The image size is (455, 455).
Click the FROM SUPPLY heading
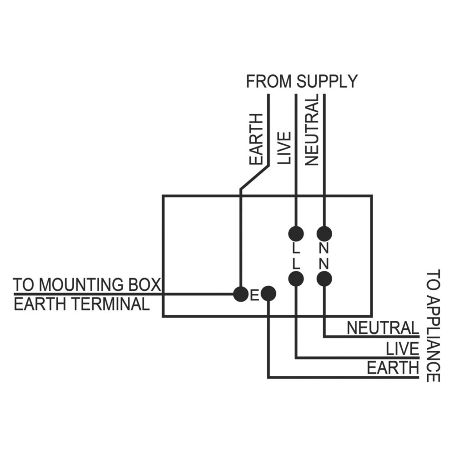point(302,81)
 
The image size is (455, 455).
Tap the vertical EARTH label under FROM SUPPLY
point(256,139)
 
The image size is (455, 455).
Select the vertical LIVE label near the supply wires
point(284,148)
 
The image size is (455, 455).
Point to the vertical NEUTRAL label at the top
point(312,131)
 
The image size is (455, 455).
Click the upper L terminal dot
point(296,233)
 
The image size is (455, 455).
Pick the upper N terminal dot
point(324,233)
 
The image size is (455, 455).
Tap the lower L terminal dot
point(296,279)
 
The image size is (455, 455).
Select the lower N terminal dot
point(324,279)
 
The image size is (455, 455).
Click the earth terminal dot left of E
point(241,294)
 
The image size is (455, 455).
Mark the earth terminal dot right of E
point(268,294)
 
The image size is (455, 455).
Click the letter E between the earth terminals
point(254,296)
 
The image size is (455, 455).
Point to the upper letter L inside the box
point(296,248)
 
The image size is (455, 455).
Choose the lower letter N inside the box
point(324,264)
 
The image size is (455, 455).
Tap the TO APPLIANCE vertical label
point(433,326)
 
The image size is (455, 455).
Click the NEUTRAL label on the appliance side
point(383,328)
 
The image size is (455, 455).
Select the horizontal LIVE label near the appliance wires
point(403,349)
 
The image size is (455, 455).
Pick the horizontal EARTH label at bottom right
point(393,368)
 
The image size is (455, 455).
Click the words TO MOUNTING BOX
point(87,285)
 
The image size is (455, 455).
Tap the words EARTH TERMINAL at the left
point(81,304)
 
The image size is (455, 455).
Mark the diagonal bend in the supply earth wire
point(254,177)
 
